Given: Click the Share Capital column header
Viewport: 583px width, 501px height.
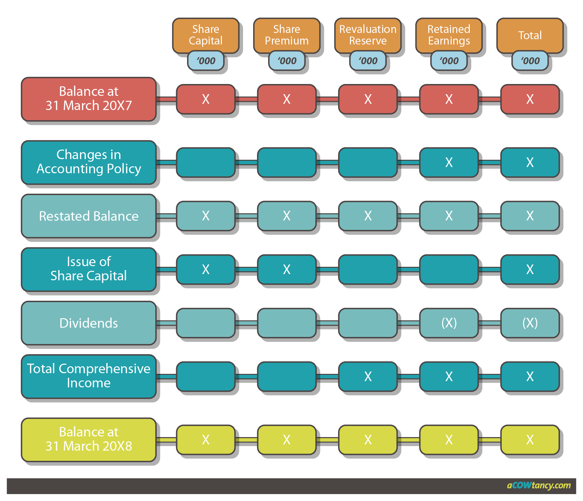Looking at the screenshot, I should click(206, 35).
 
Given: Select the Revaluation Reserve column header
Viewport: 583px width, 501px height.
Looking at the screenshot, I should click(368, 35).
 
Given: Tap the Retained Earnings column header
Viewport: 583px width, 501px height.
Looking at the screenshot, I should click(449, 35).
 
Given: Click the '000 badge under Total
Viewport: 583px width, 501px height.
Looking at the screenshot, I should click(530, 61).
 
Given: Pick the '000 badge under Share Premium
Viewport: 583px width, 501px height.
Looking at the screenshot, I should click(287, 61).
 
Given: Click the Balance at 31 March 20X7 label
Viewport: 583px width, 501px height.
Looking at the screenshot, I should click(89, 98).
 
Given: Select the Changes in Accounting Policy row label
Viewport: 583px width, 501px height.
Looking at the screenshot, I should click(89, 162).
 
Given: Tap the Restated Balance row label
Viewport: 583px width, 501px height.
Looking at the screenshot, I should click(89, 216).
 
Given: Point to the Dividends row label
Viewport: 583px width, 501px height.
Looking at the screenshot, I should click(89, 323).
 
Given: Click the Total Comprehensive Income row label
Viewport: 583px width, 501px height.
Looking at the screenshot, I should click(89, 376).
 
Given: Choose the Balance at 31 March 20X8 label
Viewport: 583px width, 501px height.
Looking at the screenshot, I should click(89, 439).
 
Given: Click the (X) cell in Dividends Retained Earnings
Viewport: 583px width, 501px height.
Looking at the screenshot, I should click(449, 323).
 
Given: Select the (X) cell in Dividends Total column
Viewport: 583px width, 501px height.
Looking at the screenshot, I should click(530, 323).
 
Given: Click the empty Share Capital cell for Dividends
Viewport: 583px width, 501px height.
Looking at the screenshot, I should click(206, 323).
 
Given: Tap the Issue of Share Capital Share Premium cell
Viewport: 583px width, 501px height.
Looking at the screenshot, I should click(287, 269).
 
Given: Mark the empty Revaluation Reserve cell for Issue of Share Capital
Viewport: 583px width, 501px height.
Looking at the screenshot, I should click(368, 269).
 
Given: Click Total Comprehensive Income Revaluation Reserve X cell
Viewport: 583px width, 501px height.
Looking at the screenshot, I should click(368, 376).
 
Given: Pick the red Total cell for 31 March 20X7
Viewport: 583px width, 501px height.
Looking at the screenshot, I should click(530, 99).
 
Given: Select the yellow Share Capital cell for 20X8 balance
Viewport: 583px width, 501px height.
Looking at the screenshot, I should click(206, 439).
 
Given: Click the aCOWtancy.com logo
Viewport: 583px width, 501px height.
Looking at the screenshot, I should click(539, 486).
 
